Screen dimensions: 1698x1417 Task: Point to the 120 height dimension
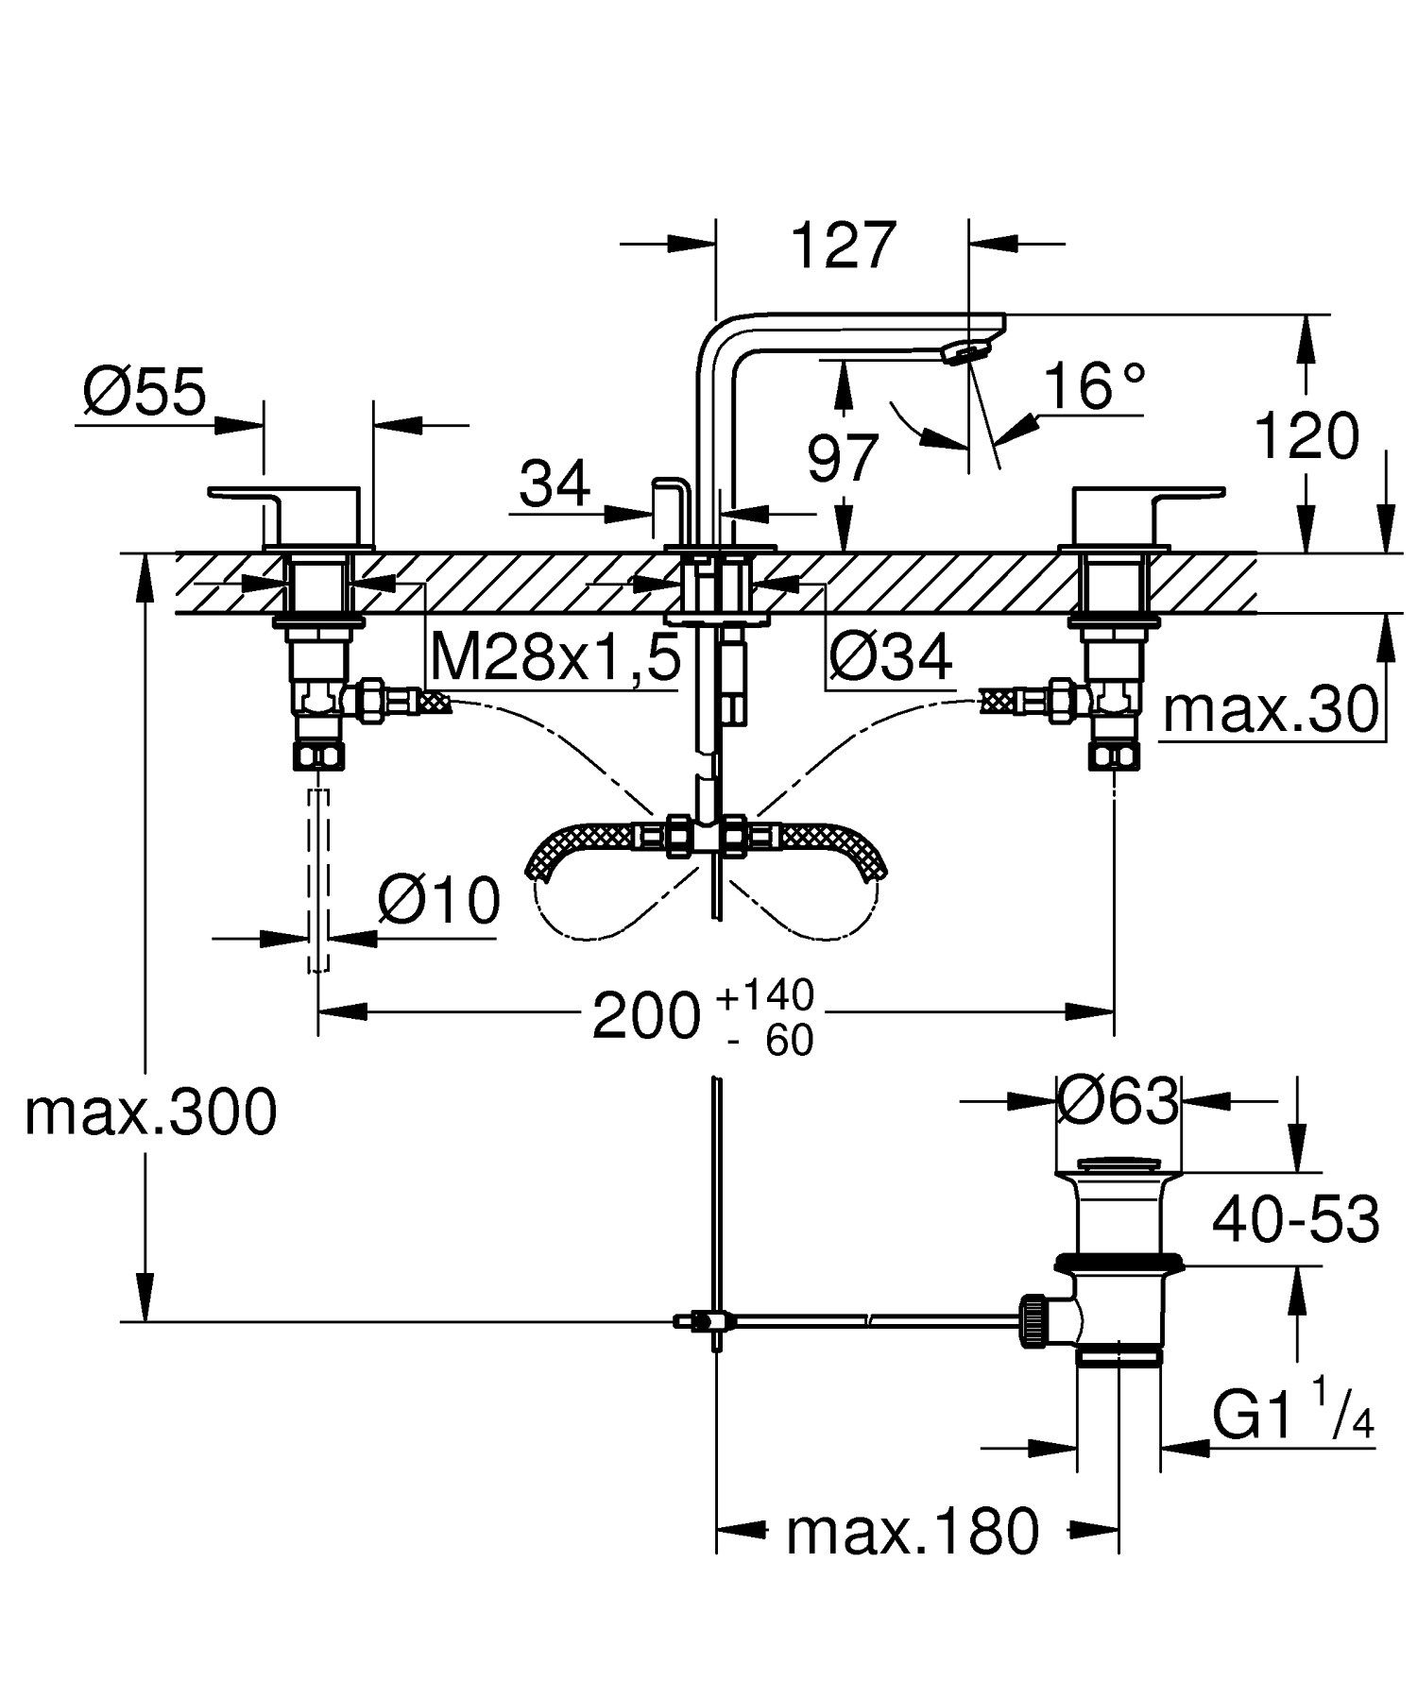1306,436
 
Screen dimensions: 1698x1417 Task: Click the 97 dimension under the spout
843,460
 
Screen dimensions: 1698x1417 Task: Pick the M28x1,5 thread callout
555,658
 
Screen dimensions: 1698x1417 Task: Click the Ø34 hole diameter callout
890,658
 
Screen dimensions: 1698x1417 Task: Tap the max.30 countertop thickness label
1271,709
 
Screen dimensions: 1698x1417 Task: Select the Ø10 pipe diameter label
438,900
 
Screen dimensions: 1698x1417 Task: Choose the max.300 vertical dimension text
151,1112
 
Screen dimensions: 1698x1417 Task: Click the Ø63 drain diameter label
1118,1100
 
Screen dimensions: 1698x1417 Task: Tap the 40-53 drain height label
1295,1219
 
